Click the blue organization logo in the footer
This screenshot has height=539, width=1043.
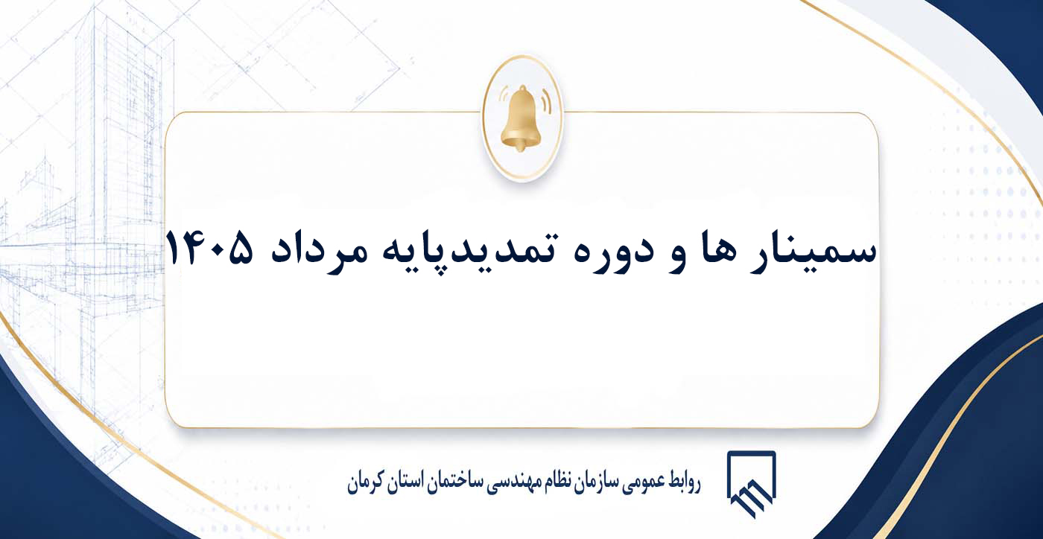(751, 484)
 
